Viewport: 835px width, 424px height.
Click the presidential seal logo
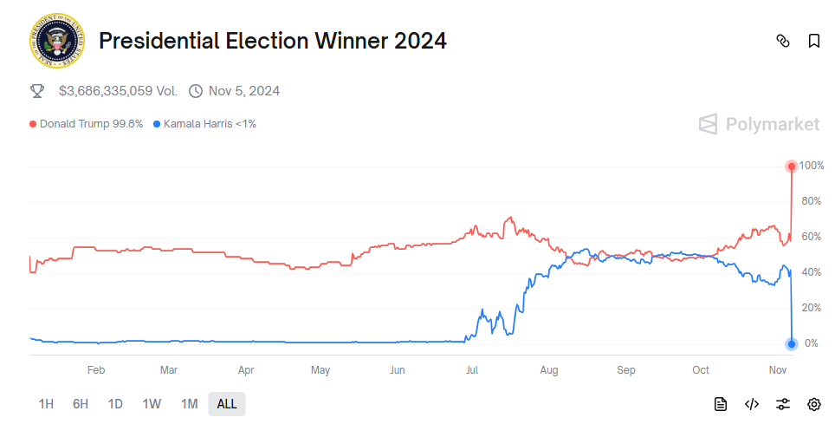56,41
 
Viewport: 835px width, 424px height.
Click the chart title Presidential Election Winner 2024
273,41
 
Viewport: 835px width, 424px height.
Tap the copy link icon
783,41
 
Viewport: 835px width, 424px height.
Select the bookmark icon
814,41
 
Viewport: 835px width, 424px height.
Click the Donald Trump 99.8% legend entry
87,124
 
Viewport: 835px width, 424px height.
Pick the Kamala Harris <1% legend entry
204,124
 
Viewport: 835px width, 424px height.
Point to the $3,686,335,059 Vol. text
118,91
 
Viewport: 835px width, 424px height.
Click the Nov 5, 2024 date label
243,91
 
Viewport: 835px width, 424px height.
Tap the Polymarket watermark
759,124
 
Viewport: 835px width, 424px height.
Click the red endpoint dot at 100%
791,166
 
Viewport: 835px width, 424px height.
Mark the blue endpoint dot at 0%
791,343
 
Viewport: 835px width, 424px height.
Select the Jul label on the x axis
472,370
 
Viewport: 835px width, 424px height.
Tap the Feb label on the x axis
96,370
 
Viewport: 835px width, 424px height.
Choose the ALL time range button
227,403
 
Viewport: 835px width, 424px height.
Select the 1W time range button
152,403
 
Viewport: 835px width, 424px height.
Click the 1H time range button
46,403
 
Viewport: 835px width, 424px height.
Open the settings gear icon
814,403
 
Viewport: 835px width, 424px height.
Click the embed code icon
752,403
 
